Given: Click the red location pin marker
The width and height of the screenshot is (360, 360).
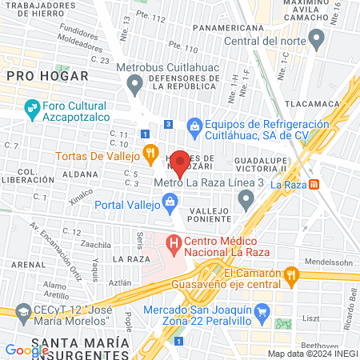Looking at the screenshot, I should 180,162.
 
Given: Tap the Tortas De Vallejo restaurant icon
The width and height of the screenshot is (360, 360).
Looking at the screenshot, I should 149,153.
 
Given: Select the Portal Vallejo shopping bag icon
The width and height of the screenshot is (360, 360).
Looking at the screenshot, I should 170,205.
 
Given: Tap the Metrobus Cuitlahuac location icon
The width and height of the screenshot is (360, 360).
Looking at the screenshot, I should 134,82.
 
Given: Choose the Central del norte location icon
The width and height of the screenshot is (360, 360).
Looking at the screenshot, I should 318,38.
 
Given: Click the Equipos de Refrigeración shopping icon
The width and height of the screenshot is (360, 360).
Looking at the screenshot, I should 194,125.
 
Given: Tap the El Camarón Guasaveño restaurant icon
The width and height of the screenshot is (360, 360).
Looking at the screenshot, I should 291,276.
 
